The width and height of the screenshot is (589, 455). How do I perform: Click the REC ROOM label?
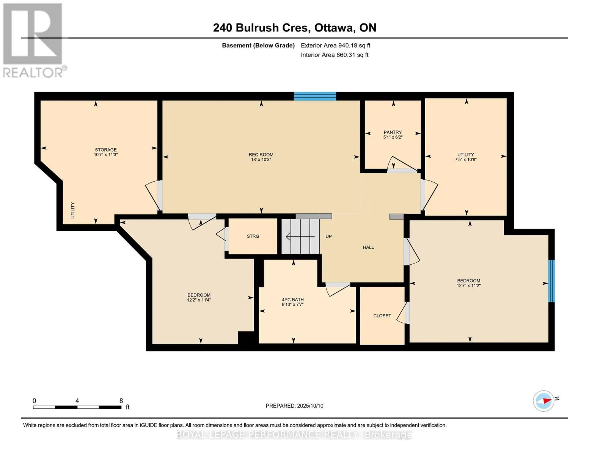(x=261, y=155)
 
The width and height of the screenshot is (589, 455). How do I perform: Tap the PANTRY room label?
(x=393, y=132)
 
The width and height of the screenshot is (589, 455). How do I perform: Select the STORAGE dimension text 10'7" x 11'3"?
(x=106, y=155)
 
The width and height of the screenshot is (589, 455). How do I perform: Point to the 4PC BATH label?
(x=293, y=300)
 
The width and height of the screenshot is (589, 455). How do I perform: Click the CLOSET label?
(x=382, y=316)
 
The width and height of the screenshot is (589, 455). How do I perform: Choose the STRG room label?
(x=253, y=236)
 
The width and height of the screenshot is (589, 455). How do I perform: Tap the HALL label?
(x=368, y=247)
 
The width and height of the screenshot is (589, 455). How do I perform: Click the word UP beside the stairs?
(x=328, y=236)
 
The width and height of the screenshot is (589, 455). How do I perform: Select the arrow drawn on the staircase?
(x=300, y=237)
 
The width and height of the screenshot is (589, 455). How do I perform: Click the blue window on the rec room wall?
(x=315, y=96)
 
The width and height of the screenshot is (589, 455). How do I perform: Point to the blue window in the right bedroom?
(x=551, y=281)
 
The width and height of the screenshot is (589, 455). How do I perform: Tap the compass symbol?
(x=543, y=401)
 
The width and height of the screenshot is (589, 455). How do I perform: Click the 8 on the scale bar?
(x=121, y=400)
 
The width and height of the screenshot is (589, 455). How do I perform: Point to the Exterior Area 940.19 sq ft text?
(x=336, y=45)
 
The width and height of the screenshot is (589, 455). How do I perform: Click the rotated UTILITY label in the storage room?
(x=72, y=210)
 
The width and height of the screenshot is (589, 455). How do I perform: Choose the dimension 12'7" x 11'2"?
(x=469, y=286)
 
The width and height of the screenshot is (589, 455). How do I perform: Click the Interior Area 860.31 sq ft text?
(x=335, y=55)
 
